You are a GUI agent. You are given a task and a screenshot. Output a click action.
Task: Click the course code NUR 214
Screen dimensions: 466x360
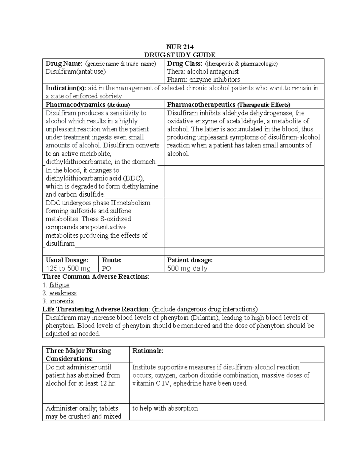pos(180,47)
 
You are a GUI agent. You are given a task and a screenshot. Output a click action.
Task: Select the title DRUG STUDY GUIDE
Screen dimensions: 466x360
pos(180,55)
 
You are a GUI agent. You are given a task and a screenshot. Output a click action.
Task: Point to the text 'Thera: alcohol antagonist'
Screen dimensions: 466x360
pos(203,72)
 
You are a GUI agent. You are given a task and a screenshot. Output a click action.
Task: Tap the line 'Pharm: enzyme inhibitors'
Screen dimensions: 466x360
pos(203,80)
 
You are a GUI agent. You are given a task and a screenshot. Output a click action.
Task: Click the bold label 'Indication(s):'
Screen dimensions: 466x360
pos(66,88)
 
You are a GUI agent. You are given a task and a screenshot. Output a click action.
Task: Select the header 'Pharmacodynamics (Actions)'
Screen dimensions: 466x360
pos(88,105)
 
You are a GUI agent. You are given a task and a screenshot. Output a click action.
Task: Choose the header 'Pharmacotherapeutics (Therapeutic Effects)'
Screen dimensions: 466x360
pos(229,105)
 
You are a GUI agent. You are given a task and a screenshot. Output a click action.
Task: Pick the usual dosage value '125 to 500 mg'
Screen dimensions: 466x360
pos(68,268)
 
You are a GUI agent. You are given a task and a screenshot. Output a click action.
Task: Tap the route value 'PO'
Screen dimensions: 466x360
pos(106,268)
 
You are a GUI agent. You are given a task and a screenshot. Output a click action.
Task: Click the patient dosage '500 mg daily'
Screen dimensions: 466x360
pos(187,268)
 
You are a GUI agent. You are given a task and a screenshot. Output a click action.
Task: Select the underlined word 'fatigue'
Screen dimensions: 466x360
pos(59,285)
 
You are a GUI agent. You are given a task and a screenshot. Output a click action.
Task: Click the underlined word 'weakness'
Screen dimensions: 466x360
pos(63,293)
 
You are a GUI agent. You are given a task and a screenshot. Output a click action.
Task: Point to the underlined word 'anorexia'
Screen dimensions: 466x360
pos(61,301)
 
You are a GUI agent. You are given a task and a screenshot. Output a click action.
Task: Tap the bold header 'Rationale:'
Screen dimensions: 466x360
pos(148,351)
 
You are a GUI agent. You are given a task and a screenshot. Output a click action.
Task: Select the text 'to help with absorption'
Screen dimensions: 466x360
pos(165,408)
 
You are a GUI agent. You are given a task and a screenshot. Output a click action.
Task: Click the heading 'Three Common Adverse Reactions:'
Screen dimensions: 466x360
pos(96,277)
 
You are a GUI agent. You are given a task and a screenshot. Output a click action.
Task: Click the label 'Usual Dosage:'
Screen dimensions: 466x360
pos(67,260)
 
